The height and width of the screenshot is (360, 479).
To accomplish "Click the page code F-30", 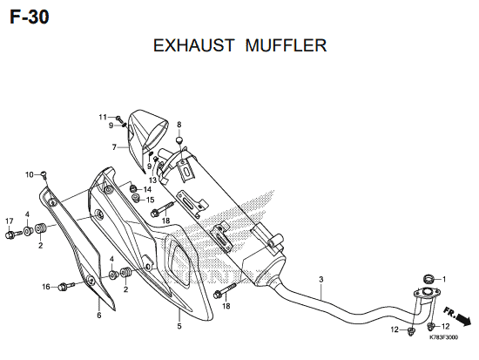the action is [29, 17].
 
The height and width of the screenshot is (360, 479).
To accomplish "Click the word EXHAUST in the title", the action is [193, 45].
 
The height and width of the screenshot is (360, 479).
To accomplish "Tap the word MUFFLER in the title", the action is [286, 45].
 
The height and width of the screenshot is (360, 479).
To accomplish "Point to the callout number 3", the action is [320, 279].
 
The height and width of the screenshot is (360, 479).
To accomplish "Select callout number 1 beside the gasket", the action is [444, 279].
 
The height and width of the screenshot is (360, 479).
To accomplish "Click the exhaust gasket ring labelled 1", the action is [428, 279].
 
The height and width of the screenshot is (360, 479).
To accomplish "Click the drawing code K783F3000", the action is [443, 337].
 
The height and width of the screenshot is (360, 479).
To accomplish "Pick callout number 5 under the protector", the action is [179, 326].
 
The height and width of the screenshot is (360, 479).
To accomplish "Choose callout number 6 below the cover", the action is [99, 315].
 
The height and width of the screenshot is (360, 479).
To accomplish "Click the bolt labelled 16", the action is [67, 287].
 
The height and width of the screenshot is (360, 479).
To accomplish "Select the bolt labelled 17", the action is [13, 234].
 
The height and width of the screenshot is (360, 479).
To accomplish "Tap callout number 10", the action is [30, 175].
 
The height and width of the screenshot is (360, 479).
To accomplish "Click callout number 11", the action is [103, 117].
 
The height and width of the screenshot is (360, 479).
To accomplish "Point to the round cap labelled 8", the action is [179, 140].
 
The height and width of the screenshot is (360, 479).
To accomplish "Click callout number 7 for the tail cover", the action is [114, 147].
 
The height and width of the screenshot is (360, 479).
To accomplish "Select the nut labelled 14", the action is [133, 188].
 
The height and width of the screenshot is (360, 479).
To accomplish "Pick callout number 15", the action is [151, 200].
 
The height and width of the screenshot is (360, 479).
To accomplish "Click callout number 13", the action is [152, 180].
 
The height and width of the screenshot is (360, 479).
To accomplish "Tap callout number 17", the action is [10, 221].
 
